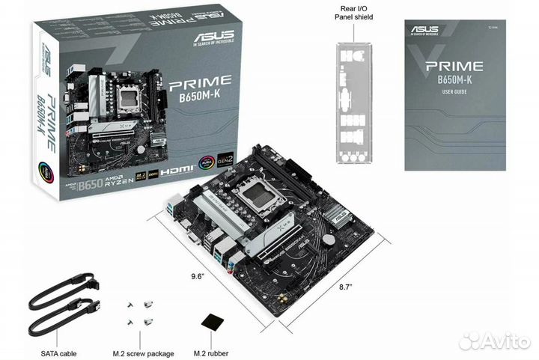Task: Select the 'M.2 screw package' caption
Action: coord(144,353)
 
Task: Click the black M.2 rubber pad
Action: coord(213,322)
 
